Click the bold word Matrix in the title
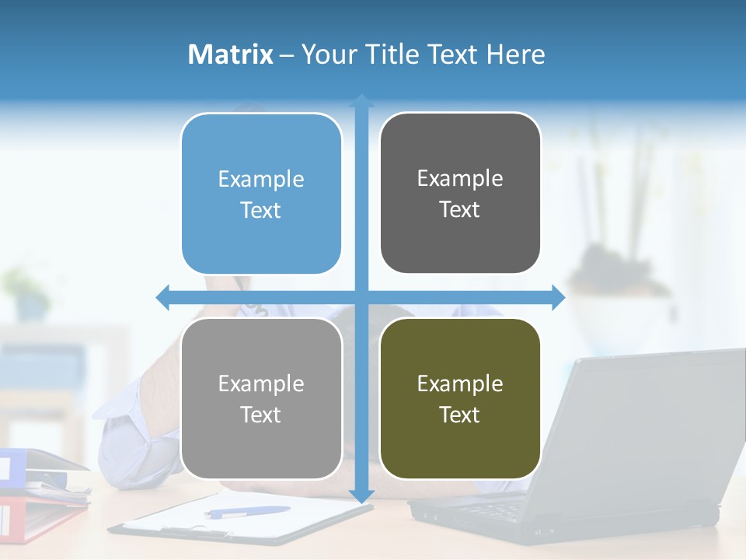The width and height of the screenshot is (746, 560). click(x=230, y=54)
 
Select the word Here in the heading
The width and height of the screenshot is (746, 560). click(x=515, y=54)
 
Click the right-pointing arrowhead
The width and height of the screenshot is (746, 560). click(x=558, y=297)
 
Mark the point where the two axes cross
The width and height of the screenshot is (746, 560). click(x=361, y=297)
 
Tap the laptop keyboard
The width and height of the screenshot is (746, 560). click(x=497, y=509)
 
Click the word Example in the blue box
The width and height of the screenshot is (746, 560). click(x=261, y=179)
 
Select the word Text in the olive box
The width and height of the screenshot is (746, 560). click(x=460, y=415)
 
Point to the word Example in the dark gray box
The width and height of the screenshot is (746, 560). click(x=460, y=178)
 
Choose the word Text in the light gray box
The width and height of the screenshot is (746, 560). click(x=261, y=415)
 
